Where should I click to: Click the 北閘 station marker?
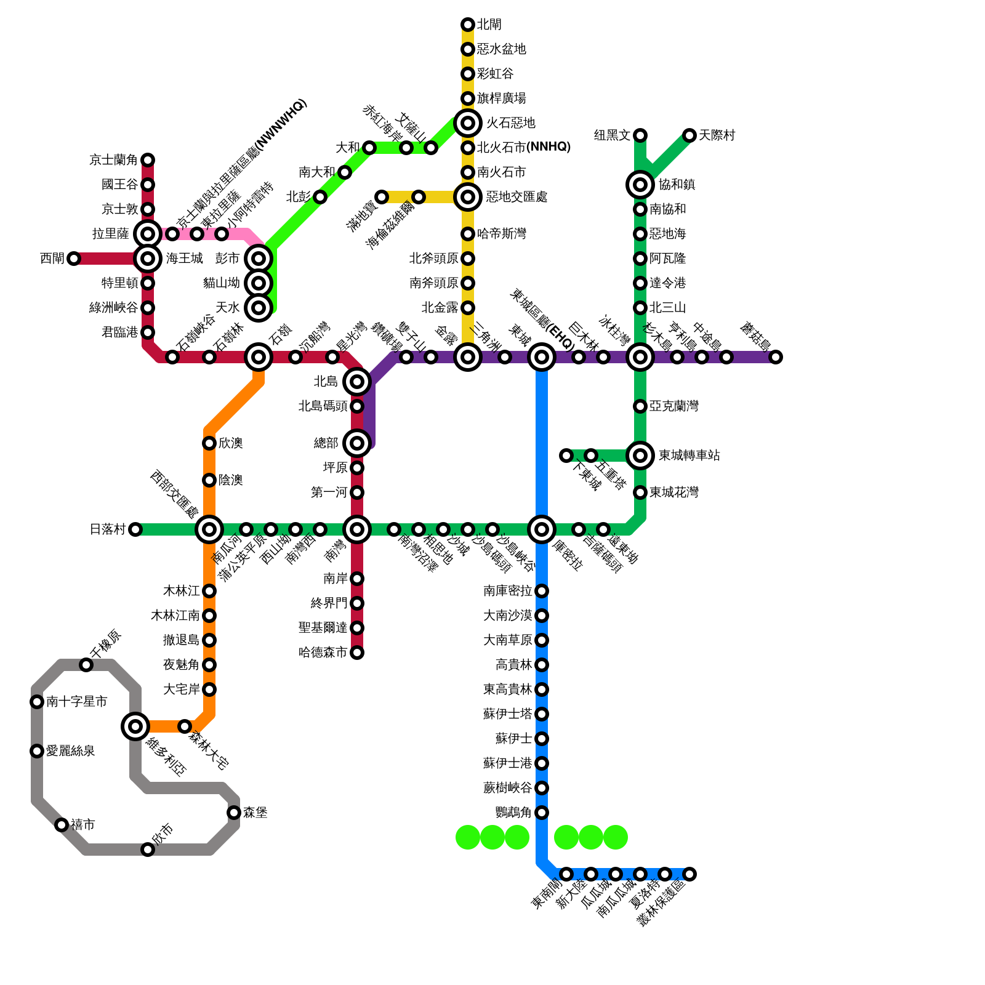pos(468,25)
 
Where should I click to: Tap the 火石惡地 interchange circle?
pos(468,123)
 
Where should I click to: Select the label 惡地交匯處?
pos(516,197)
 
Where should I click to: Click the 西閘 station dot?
pos(74,259)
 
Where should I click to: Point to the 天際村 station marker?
pos(689,135)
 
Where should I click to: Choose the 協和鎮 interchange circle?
pos(640,185)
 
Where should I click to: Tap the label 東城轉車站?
pos(689,456)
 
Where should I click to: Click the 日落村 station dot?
pos(135,529)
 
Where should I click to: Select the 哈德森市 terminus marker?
pos(357,653)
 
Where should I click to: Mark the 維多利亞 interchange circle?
pos(135,726)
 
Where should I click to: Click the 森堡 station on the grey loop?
pos(234,813)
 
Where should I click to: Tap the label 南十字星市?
pos(77,702)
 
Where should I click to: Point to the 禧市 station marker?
pos(62,825)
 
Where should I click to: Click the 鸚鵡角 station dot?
pos(542,813)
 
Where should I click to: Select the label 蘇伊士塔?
pos(507,714)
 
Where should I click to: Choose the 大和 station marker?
pos(369,148)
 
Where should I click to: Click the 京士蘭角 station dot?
pos(148,160)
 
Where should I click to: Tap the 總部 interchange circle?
pos(357,443)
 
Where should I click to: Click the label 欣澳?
pos(231,443)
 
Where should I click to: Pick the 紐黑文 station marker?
pos(640,135)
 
